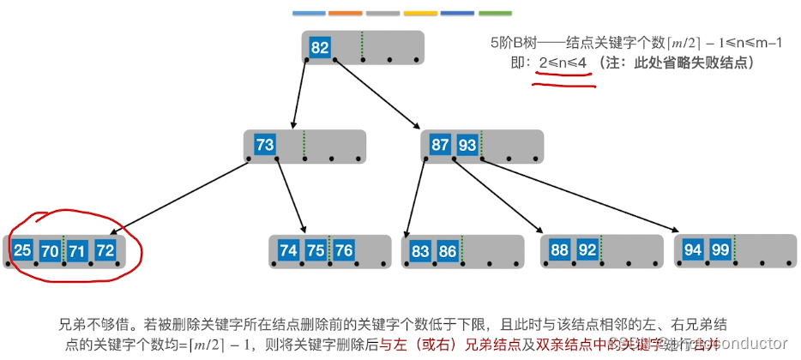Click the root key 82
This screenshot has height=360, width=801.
(x=319, y=48)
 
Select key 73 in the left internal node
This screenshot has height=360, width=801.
(x=265, y=145)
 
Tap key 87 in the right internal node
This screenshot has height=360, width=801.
(x=440, y=145)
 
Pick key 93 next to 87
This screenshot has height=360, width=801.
(x=467, y=145)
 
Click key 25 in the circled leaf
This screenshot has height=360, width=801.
(x=23, y=250)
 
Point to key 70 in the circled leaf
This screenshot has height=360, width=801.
(x=51, y=250)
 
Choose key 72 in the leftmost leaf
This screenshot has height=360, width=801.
(x=105, y=250)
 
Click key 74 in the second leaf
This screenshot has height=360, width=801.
(x=289, y=250)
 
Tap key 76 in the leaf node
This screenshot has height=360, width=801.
(x=343, y=250)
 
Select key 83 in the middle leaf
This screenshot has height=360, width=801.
(x=420, y=251)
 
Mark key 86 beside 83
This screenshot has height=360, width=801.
(x=448, y=251)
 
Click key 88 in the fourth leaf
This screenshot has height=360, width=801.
(x=559, y=250)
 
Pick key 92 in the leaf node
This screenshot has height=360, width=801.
(x=587, y=250)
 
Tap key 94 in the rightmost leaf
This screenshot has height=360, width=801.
(x=693, y=250)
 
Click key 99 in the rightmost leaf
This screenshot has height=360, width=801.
(x=720, y=250)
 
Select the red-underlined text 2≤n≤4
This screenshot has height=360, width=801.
(x=564, y=64)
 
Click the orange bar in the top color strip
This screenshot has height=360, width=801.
(x=345, y=14)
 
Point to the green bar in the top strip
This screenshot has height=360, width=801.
(x=495, y=14)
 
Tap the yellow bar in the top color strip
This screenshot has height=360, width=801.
(x=420, y=14)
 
